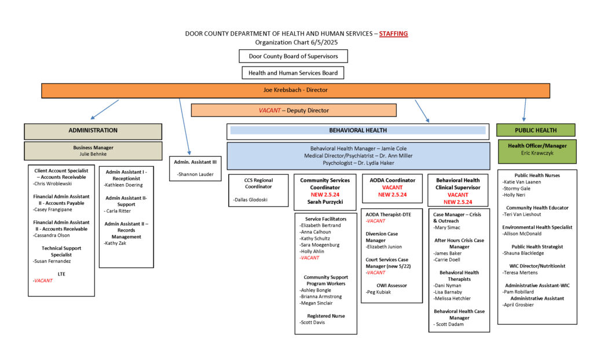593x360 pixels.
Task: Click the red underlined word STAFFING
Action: point(393,34)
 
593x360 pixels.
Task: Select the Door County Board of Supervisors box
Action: point(293,56)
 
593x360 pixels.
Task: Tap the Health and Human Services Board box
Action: point(292,72)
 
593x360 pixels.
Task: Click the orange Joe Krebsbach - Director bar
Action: point(295,90)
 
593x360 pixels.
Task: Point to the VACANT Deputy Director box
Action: point(294,111)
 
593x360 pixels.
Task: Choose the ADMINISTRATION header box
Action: point(93,131)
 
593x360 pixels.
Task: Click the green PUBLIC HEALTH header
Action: point(536,130)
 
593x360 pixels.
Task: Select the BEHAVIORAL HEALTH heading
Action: point(358,130)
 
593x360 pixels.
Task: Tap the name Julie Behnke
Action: point(93,155)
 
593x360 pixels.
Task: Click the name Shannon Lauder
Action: point(196,174)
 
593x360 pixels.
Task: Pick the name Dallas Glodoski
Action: point(250,200)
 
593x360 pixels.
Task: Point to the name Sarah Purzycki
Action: point(325,202)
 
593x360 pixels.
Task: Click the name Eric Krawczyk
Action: point(537,153)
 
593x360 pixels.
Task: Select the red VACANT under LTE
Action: point(43,281)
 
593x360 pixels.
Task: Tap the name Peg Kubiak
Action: point(379,292)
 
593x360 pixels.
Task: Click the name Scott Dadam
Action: point(449,325)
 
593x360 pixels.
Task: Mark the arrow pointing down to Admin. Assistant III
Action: point(184,127)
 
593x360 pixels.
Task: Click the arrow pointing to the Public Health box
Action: point(525,110)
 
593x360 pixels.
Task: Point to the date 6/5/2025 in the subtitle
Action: point(324,42)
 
